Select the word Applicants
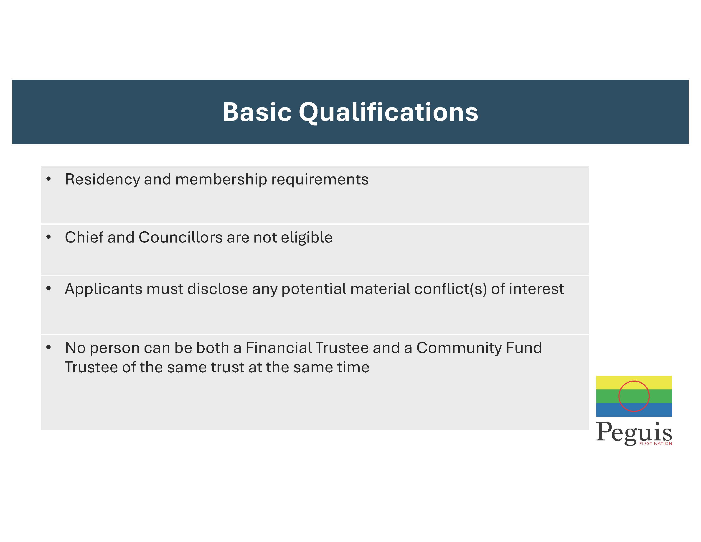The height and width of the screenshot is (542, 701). click(103, 289)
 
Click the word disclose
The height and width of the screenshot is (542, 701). click(218, 289)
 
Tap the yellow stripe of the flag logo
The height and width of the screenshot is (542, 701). click(634, 382)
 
